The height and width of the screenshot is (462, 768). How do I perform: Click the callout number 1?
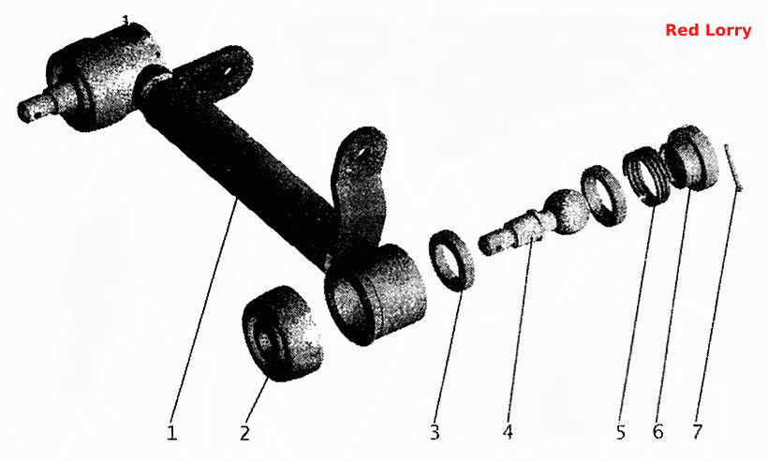171,433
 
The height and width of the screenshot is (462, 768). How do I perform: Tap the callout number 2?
244,433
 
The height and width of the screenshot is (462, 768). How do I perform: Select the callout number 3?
435,433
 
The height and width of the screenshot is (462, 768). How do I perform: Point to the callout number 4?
508,432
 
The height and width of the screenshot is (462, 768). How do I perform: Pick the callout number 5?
621,432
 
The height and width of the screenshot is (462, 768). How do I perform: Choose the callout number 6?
657,432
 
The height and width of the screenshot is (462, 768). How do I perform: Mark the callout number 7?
697,432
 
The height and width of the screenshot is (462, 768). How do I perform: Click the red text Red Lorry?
708,30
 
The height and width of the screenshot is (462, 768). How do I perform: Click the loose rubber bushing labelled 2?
282,334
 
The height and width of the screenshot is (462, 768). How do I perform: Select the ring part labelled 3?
452,261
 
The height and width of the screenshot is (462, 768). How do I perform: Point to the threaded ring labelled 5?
646,176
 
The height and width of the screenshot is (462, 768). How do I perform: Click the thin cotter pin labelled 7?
733,168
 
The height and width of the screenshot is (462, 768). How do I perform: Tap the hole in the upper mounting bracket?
229,71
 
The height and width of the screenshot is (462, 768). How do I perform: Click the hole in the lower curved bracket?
362,153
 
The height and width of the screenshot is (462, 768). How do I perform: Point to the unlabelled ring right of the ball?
603,196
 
